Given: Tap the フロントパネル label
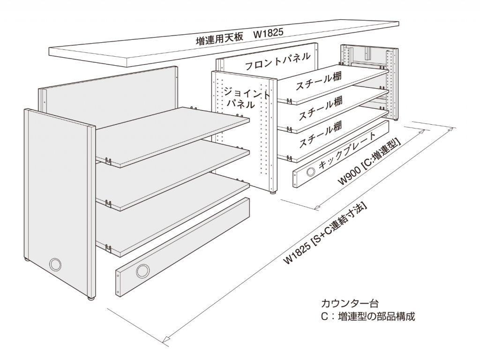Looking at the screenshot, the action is pyautogui.click(x=277, y=61).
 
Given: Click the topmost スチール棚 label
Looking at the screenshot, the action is pyautogui.click(x=318, y=81).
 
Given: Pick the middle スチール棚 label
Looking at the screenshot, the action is pyautogui.click(x=320, y=108).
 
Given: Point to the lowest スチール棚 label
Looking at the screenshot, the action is pyautogui.click(x=320, y=135).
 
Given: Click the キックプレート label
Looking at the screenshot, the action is pyautogui.click(x=347, y=150).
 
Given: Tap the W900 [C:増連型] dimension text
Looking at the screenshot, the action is pyautogui.click(x=369, y=162).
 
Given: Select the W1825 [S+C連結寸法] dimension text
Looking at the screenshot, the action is pyautogui.click(x=325, y=233).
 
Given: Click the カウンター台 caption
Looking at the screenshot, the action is pyautogui.click(x=350, y=303).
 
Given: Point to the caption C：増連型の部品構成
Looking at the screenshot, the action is pyautogui.click(x=368, y=316).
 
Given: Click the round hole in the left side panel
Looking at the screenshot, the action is pyautogui.click(x=55, y=264).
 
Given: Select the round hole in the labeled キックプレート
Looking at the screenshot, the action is pyautogui.click(x=310, y=172).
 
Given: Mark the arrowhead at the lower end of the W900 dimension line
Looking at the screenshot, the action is pyautogui.click(x=317, y=207).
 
